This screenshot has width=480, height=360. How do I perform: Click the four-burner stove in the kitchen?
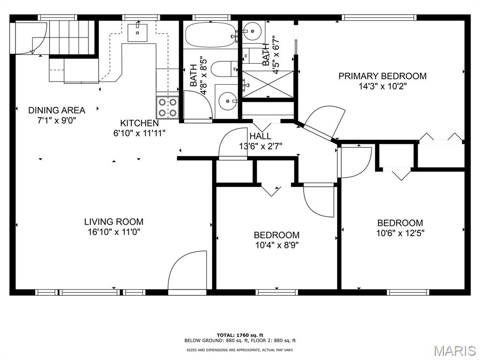tap(167, 107)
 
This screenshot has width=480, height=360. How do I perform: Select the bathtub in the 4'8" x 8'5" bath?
tap(210, 35)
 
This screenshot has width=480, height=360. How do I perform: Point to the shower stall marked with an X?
tap(267, 84)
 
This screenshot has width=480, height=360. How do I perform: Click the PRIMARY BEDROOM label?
tap(382, 76)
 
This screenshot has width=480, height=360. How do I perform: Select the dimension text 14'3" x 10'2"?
tap(382, 86)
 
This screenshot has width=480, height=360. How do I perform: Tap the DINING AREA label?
tap(57, 111)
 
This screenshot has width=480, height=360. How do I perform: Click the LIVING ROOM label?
tap(114, 222)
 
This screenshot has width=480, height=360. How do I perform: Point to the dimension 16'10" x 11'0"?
tap(114, 232)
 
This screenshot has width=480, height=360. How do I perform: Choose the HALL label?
tap(260, 136)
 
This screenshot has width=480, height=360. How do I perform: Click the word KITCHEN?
tap(139, 123)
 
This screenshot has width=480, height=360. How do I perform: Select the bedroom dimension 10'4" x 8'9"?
tap(277, 245)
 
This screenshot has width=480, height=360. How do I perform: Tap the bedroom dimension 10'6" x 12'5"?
tap(400, 233)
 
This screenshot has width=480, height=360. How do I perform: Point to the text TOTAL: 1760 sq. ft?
tap(240, 335)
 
